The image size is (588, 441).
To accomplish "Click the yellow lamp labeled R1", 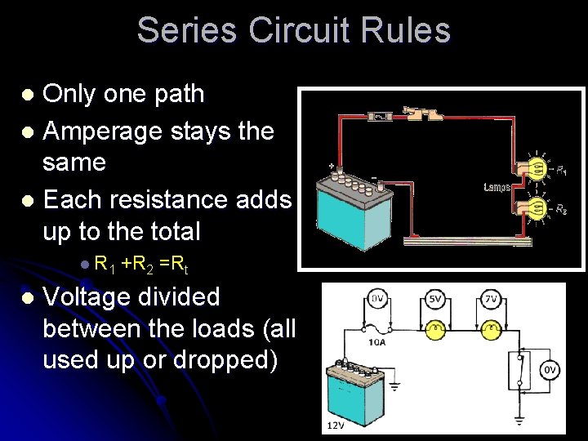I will click(537, 169).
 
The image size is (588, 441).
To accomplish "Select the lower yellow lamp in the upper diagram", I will click(537, 210).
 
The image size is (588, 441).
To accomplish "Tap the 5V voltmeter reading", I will click(435, 300).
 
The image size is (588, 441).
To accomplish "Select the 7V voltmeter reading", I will click(491, 300).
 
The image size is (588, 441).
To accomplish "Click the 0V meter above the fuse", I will click(378, 300).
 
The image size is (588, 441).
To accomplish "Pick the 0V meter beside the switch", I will click(550, 370).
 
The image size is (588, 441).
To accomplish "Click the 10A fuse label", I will click(378, 342).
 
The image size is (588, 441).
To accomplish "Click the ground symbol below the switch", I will click(520, 421).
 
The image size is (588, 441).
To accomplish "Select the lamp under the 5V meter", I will click(436, 329).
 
